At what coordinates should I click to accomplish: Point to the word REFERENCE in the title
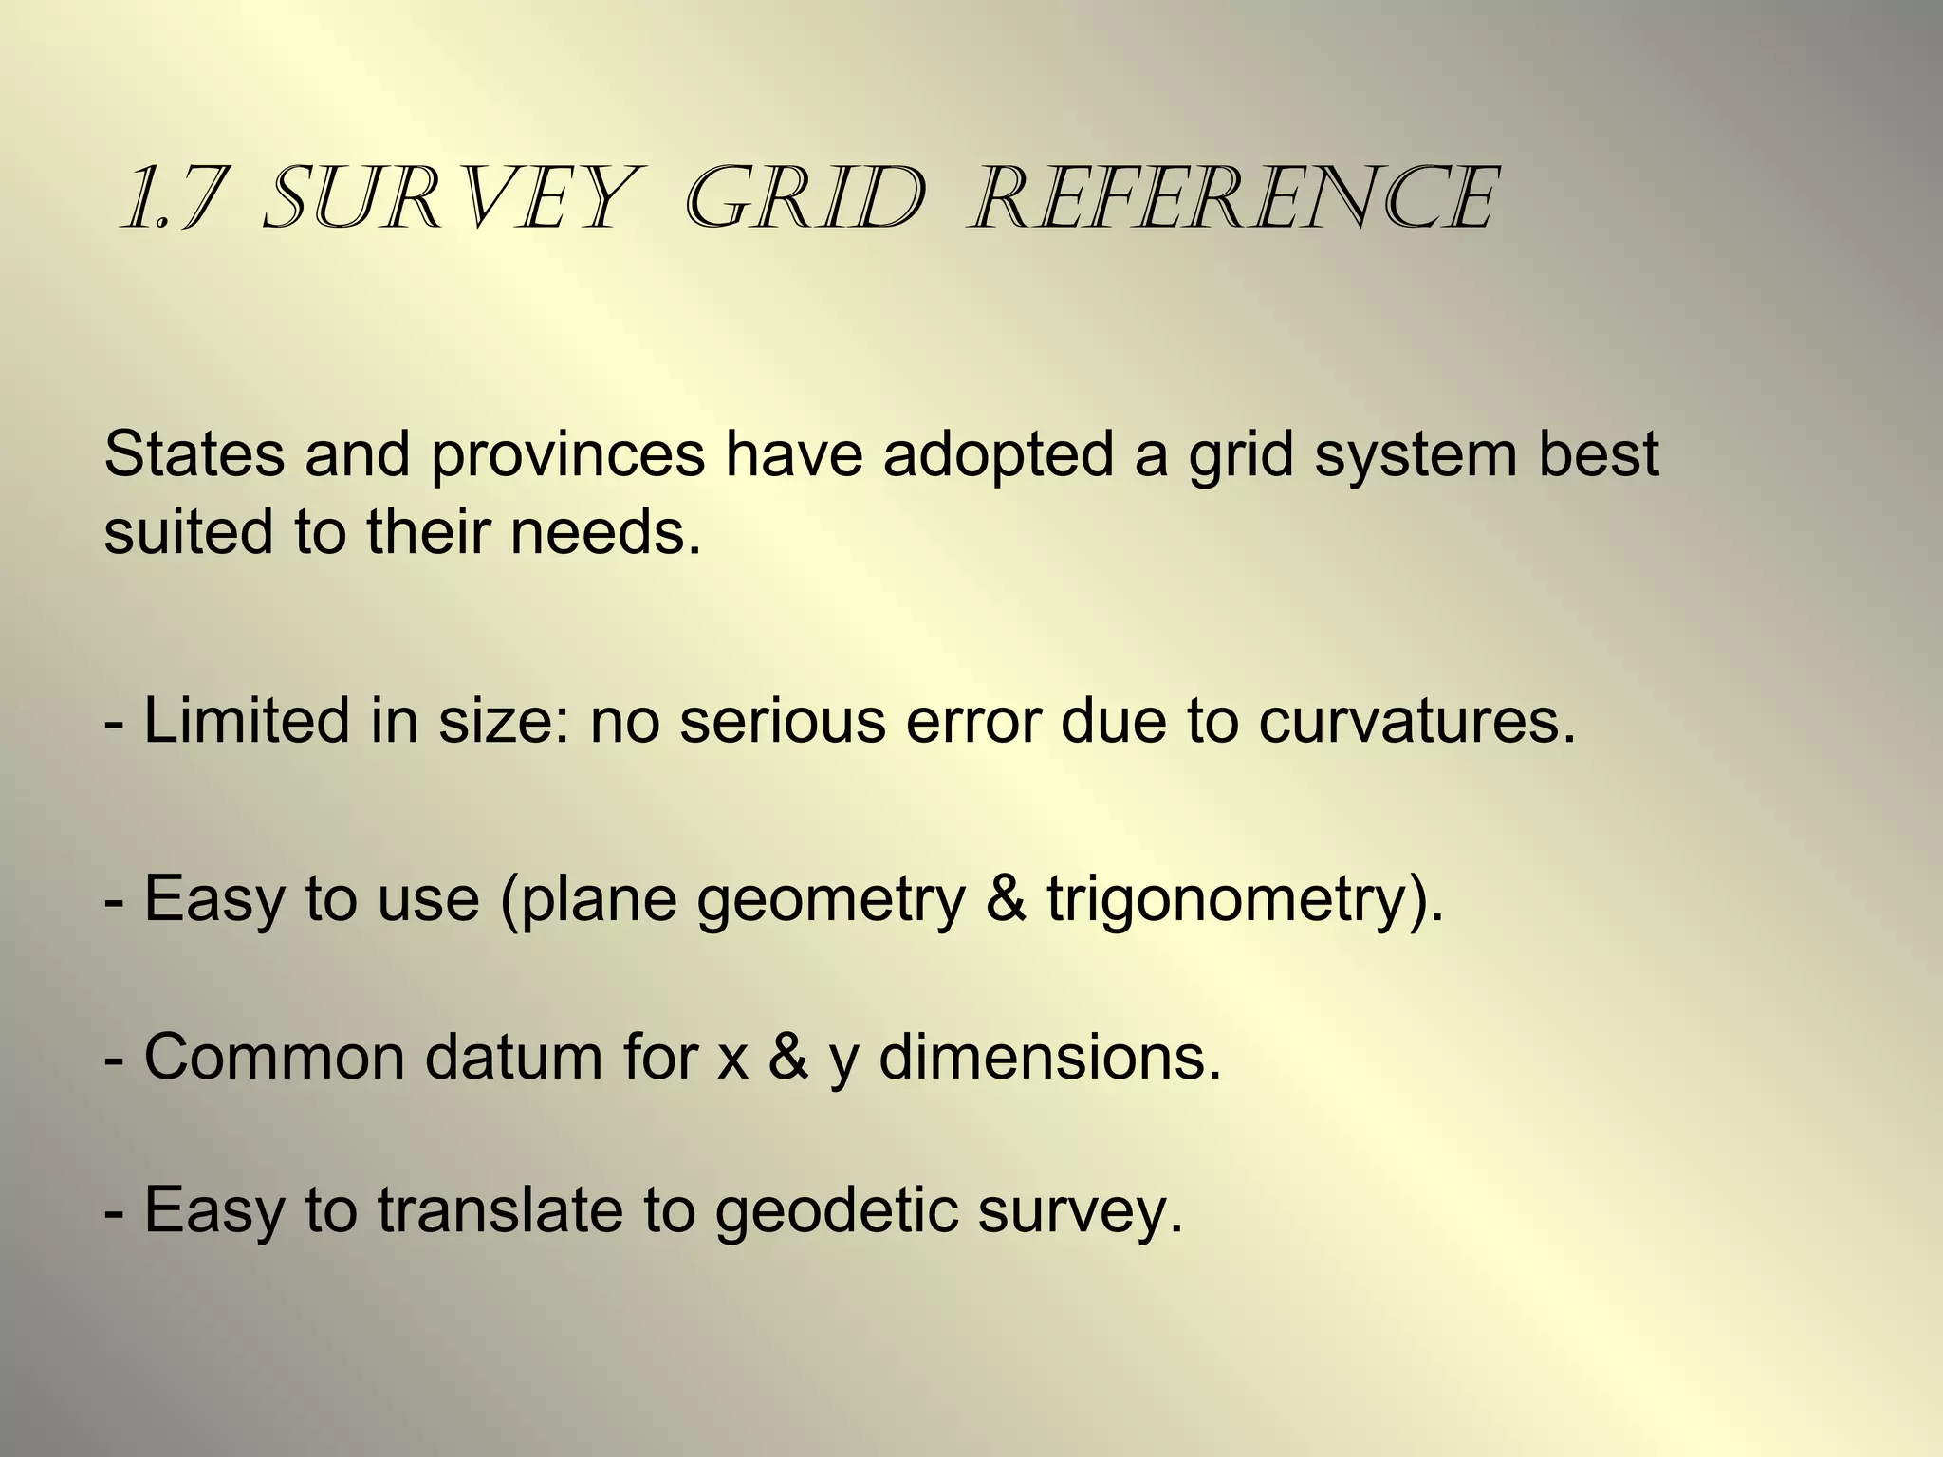(1233, 199)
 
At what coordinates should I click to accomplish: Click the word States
(194, 454)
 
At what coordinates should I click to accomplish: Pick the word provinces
(568, 456)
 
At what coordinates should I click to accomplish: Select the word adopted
(998, 456)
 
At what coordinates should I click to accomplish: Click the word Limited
(246, 720)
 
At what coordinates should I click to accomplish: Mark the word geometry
(830, 900)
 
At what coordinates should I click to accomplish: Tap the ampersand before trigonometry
(1006, 898)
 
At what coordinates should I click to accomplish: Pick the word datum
(513, 1058)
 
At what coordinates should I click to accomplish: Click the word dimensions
(1049, 1058)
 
